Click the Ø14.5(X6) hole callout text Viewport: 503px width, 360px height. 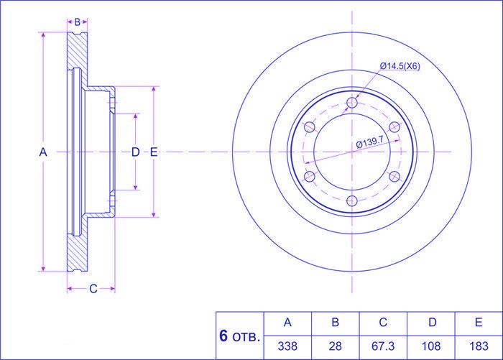[x=400, y=66]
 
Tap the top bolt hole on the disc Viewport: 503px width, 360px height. [x=352, y=103]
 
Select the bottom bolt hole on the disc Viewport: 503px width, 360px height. [x=352, y=201]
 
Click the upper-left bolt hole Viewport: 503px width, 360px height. [x=310, y=127]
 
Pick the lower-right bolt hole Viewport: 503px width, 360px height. [x=394, y=177]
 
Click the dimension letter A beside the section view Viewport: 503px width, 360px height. [x=43, y=152]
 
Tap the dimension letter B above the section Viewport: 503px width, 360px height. [x=78, y=22]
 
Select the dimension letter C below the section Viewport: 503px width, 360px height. [x=93, y=289]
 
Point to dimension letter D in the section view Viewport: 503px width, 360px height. [x=136, y=152]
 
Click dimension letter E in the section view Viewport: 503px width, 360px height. [x=154, y=152]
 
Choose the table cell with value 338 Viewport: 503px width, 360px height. [x=287, y=346]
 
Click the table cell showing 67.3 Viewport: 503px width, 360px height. [x=383, y=346]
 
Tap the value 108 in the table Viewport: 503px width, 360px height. [x=431, y=346]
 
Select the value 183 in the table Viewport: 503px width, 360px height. [x=479, y=346]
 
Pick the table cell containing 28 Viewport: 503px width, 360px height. [x=336, y=346]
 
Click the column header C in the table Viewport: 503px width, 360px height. [x=383, y=322]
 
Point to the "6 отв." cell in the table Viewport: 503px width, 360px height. [x=239, y=336]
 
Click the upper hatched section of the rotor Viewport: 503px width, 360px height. [x=78, y=51]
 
